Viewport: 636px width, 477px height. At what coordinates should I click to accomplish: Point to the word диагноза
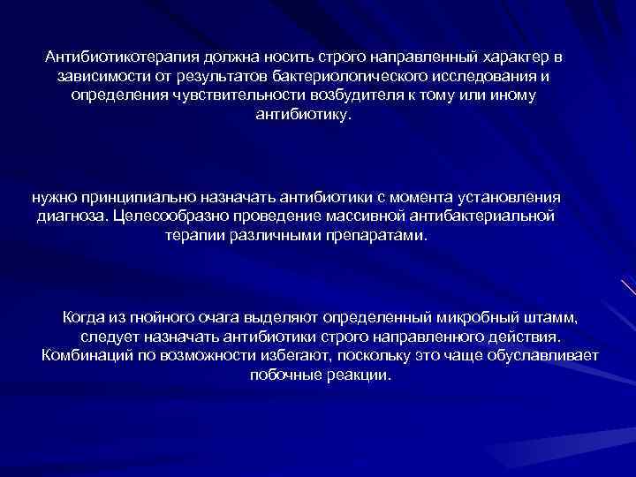click(73, 216)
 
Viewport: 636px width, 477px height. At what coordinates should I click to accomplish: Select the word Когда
click(84, 317)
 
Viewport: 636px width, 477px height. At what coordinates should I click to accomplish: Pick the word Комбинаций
click(82, 356)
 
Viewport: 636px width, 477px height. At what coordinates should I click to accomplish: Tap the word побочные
click(283, 375)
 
